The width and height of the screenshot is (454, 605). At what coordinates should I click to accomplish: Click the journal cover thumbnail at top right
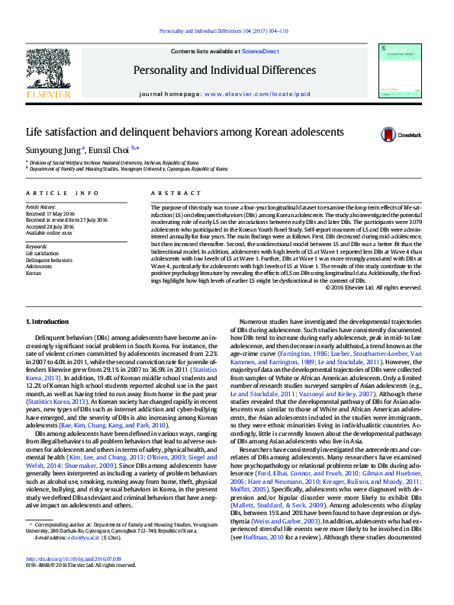[x=401, y=71]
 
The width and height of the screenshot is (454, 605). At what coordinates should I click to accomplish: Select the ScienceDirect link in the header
[x=260, y=50]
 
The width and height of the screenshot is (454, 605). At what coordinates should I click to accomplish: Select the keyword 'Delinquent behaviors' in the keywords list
[x=50, y=260]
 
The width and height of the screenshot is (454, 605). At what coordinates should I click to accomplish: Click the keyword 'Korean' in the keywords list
[x=34, y=272]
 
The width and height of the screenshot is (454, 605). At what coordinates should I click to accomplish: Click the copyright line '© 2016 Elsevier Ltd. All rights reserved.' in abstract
[x=394, y=287]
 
